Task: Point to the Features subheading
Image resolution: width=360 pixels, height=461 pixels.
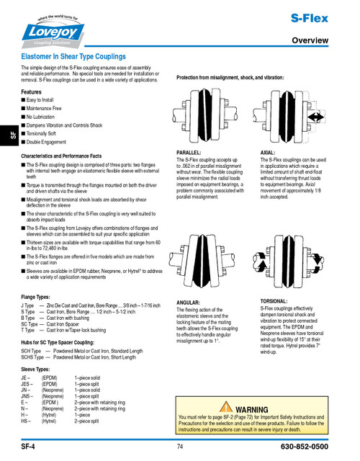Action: click(32, 92)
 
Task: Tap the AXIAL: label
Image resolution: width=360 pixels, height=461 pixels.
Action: click(268, 153)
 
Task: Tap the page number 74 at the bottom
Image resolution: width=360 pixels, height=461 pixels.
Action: click(179, 447)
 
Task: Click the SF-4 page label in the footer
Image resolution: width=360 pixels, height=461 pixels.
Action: click(29, 447)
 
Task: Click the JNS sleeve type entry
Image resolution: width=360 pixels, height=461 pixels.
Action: click(27, 396)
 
